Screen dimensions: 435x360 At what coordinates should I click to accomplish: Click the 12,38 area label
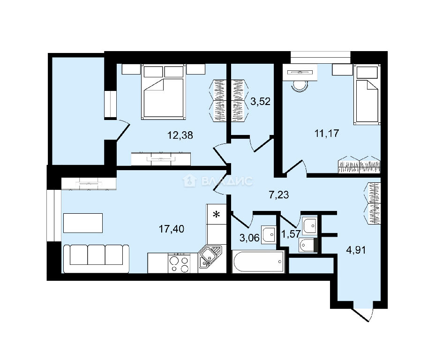(180, 135)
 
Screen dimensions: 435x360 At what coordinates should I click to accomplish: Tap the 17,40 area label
(171, 229)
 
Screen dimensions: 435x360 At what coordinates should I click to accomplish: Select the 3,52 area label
(260, 102)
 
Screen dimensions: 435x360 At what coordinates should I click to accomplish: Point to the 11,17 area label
(327, 134)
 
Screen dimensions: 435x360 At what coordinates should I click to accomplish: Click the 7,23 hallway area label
(279, 195)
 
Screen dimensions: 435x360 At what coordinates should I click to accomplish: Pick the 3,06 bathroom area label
(249, 238)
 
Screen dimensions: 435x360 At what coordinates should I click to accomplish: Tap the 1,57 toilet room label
(291, 234)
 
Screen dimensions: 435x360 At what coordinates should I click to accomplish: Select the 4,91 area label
(356, 250)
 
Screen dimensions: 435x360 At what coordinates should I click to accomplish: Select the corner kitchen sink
(210, 257)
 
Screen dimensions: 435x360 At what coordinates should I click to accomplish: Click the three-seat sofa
(96, 259)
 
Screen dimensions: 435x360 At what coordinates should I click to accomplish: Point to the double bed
(164, 92)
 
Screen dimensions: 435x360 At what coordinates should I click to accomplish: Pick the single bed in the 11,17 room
(367, 95)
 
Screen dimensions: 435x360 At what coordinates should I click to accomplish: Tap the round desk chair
(300, 85)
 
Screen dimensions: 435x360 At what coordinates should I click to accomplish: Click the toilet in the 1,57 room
(307, 245)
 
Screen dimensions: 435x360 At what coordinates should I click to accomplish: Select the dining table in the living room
(83, 223)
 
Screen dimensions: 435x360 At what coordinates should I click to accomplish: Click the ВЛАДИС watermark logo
(217, 181)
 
